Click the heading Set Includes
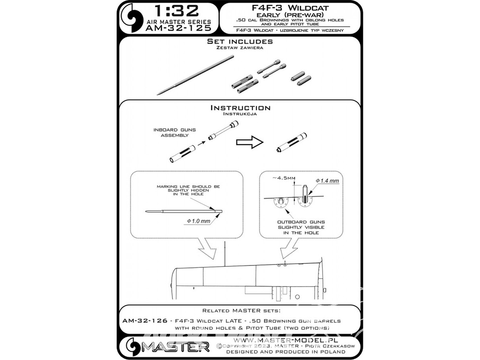[240, 42]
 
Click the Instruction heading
[240, 108]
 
